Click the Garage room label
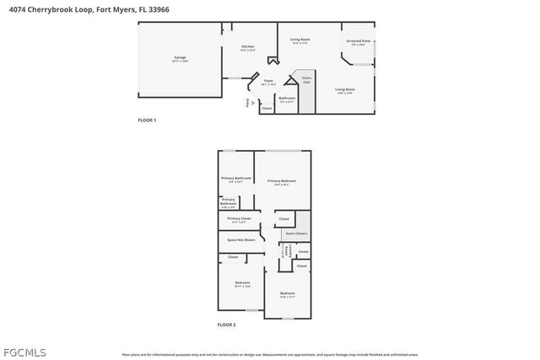pyautogui.click(x=180, y=57)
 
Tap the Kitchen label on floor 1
pyautogui.click(x=248, y=47)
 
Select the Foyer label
pyautogui.click(x=267, y=82)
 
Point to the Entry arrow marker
pyautogui.click(x=252, y=103)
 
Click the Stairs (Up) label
pyautogui.click(x=306, y=80)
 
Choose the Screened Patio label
pyautogui.click(x=359, y=41)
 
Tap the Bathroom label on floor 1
pyautogui.click(x=288, y=99)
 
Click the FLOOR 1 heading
pyautogui.click(x=147, y=121)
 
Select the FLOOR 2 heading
pyautogui.click(x=226, y=325)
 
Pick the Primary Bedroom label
pyautogui.click(x=283, y=181)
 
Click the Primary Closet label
pyautogui.click(x=239, y=219)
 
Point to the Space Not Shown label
pyautogui.click(x=240, y=239)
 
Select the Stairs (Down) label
pyautogui.click(x=296, y=234)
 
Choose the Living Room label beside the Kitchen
pyautogui.click(x=300, y=40)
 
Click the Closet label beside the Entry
pyautogui.click(x=267, y=108)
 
